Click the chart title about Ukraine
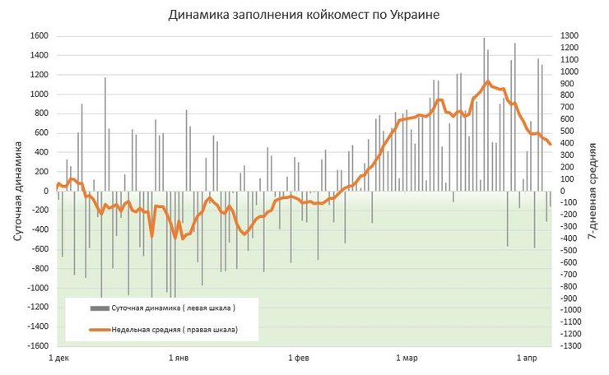pyautogui.click(x=304, y=15)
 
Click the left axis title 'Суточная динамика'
pyautogui.click(x=17, y=190)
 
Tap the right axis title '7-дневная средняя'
pyautogui.click(x=593, y=190)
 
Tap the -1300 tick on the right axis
pyautogui.click(x=573, y=346)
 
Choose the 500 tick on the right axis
pyautogui.click(x=569, y=132)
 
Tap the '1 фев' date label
pyautogui.click(x=299, y=359)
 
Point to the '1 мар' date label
pyautogui.click(x=407, y=359)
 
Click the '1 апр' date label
pyautogui.click(x=527, y=359)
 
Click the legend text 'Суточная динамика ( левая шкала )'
pyautogui.click(x=174, y=308)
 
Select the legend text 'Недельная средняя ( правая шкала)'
pyautogui.click(x=174, y=329)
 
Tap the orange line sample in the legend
pyautogui.click(x=98, y=329)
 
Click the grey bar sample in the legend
pyautogui.click(x=98, y=308)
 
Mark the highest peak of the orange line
pyautogui.click(x=488, y=81)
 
